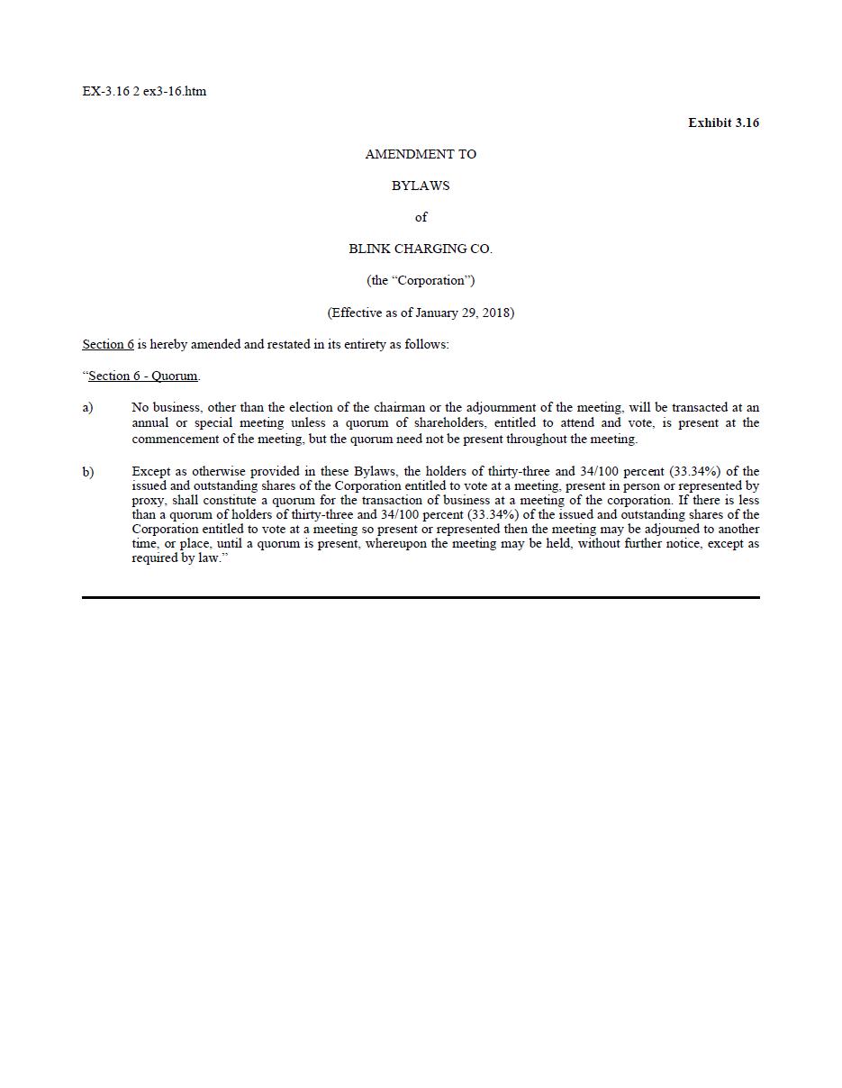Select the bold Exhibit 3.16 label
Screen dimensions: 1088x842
723,122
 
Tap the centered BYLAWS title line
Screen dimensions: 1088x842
421,186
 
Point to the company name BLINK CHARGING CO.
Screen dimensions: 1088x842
421,249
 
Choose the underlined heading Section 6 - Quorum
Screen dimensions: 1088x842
143,376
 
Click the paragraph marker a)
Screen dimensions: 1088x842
87,407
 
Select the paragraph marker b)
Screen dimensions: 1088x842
87,471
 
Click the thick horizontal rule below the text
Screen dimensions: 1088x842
421,597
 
